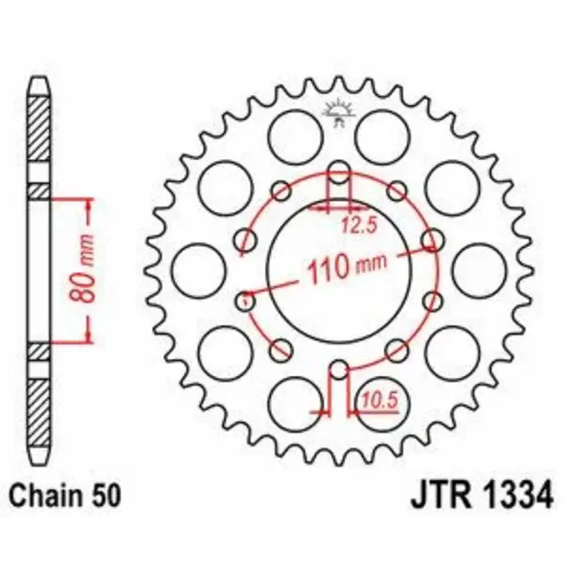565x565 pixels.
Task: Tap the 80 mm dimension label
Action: click(x=82, y=268)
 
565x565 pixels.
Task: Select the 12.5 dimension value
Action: click(x=359, y=226)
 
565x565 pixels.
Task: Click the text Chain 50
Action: click(x=65, y=496)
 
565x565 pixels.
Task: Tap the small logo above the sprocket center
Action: click(x=339, y=112)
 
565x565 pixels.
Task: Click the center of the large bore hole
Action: click(x=339, y=271)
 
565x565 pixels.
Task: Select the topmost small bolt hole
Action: click(x=339, y=172)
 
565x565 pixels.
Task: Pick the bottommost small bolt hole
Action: click(x=339, y=369)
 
